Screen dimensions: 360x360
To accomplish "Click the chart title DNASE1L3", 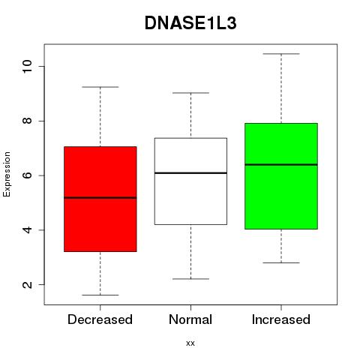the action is [x=190, y=23].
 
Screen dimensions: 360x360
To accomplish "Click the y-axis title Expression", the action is [x=7, y=174].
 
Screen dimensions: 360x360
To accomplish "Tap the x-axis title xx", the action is [x=190, y=343].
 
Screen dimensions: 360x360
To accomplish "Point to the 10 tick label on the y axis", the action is [x=27, y=66].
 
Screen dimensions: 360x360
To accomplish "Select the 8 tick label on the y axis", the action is [x=27, y=121].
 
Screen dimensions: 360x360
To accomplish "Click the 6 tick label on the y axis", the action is [x=27, y=175].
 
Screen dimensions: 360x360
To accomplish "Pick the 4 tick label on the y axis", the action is [x=27, y=229].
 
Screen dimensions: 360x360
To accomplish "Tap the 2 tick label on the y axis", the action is [x=27, y=284].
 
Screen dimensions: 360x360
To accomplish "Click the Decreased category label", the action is [x=100, y=319].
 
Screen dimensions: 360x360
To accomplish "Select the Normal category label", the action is [x=190, y=319].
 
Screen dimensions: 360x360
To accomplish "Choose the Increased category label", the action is [x=281, y=319].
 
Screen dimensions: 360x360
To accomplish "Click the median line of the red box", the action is [x=100, y=198].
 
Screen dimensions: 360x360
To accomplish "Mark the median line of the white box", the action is [x=190, y=173].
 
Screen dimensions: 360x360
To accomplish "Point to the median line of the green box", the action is [x=281, y=164].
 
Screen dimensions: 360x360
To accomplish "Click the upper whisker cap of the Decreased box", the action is [x=100, y=87].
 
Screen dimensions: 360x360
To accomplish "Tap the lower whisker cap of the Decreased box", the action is [x=100, y=295].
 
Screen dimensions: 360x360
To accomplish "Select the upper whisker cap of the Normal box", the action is [x=190, y=93].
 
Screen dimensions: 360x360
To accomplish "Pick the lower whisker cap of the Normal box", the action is [x=190, y=279].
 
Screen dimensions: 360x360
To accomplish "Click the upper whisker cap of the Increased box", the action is [x=281, y=54].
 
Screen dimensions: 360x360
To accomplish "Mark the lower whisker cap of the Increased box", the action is [x=281, y=262].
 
